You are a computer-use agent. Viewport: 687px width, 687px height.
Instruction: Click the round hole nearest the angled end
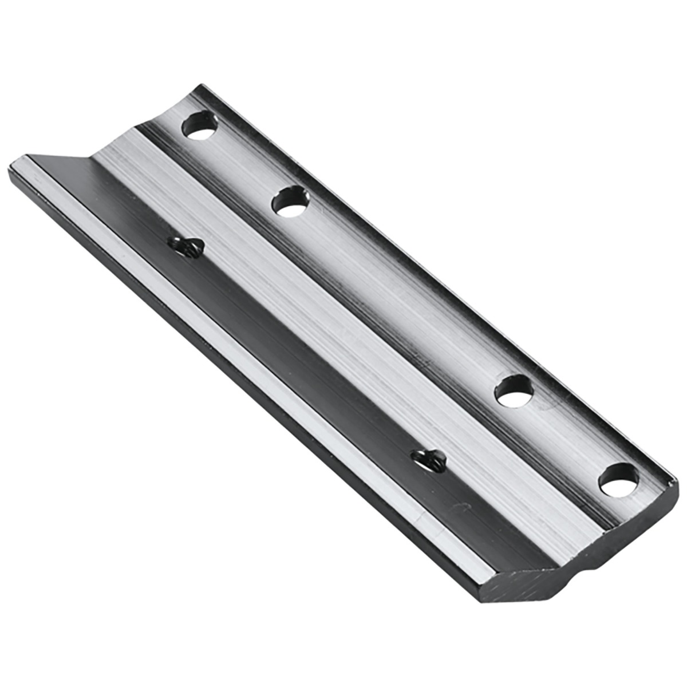tap(200, 127)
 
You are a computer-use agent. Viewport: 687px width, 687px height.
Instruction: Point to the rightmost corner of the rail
tap(677, 487)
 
